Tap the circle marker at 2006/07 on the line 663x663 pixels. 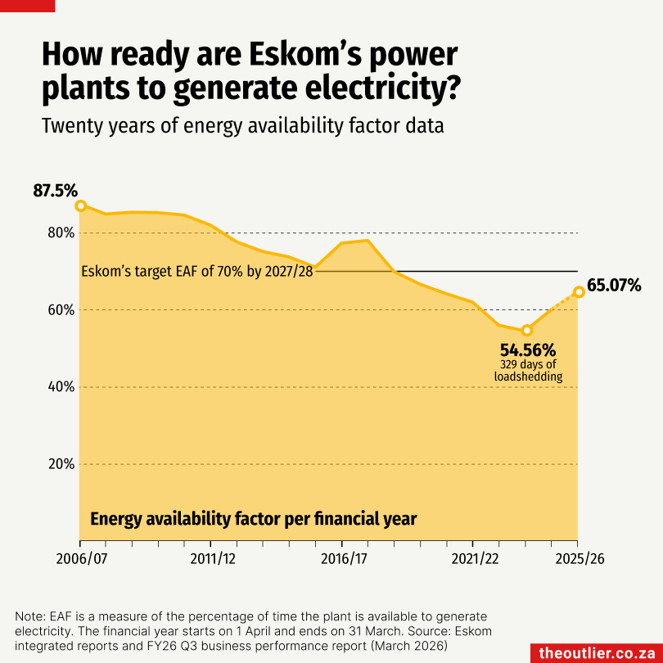(x=80, y=205)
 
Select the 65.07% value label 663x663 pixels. (x=614, y=286)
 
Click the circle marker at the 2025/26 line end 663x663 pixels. (x=579, y=291)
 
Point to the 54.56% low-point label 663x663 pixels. (x=528, y=349)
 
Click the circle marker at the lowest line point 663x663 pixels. (x=527, y=330)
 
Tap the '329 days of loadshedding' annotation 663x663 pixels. (x=528, y=370)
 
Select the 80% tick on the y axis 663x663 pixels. (x=61, y=232)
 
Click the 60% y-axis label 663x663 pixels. (x=61, y=310)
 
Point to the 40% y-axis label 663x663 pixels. (x=61, y=387)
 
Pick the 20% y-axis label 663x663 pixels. (x=61, y=464)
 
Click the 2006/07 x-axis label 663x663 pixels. (x=80, y=560)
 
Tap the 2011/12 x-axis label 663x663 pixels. (x=210, y=560)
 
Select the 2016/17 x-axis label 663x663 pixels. (x=341, y=560)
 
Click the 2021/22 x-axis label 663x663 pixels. (x=472, y=560)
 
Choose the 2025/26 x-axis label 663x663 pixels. (x=577, y=560)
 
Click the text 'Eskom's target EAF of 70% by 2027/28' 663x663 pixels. (x=197, y=272)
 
